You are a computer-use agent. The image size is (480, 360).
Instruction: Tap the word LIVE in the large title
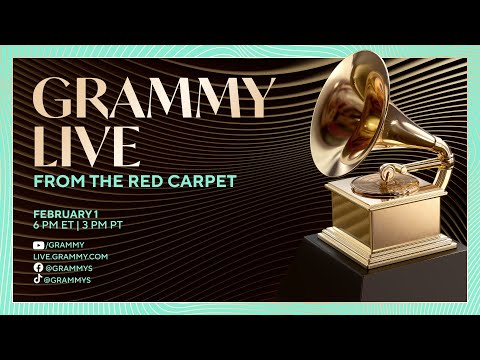(x=86, y=145)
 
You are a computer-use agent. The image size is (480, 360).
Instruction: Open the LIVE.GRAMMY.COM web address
(x=70, y=257)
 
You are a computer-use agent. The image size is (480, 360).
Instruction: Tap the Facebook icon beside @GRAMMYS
(x=37, y=268)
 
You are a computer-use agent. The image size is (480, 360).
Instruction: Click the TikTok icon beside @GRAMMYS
(x=37, y=280)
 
